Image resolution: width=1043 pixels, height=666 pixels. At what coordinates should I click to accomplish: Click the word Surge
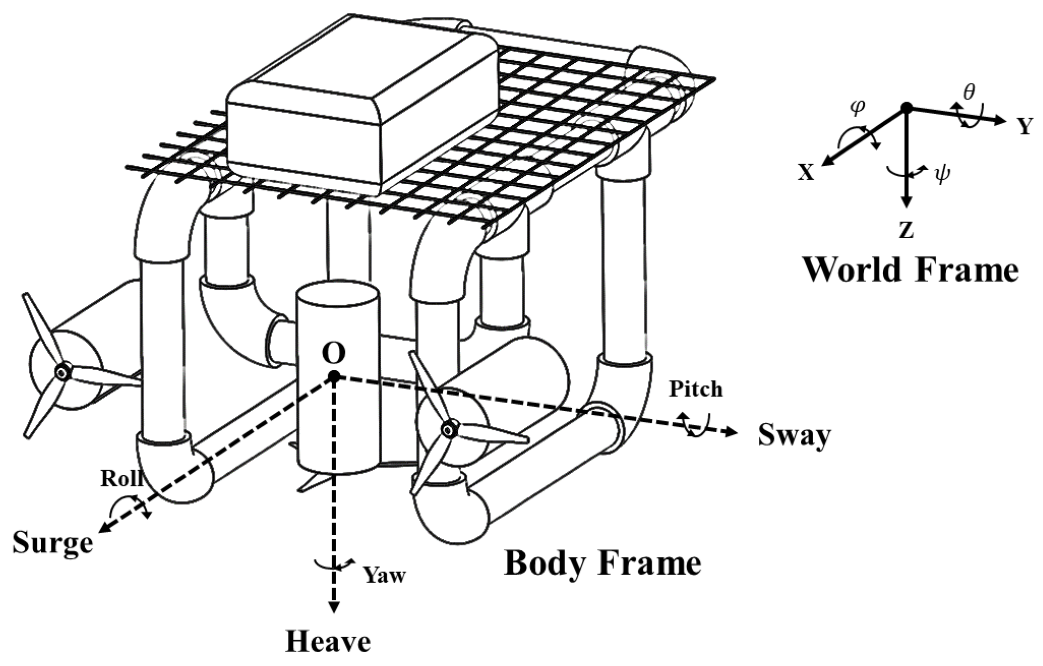coord(53,542)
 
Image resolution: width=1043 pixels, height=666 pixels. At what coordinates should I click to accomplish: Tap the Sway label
coord(794,436)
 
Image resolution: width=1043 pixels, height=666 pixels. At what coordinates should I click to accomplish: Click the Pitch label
coord(695,389)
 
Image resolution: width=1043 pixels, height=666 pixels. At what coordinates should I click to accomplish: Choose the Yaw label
coord(385,575)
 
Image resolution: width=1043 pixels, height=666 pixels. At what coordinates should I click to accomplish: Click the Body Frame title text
coord(603,563)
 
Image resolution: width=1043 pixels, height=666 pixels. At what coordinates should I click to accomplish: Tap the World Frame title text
coord(911,269)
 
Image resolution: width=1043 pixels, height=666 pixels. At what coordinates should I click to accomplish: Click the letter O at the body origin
coord(334,354)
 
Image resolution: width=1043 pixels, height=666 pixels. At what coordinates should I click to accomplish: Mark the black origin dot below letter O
coord(334,377)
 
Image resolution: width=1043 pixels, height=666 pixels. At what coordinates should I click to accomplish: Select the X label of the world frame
coord(806,172)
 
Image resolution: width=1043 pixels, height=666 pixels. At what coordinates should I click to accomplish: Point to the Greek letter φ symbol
coord(858,107)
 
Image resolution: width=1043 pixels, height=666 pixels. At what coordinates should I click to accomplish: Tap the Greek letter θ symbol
coord(969,91)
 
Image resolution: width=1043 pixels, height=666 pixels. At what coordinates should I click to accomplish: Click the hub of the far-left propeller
coord(63,372)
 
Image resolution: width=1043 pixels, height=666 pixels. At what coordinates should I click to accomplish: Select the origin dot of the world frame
coord(906,107)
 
